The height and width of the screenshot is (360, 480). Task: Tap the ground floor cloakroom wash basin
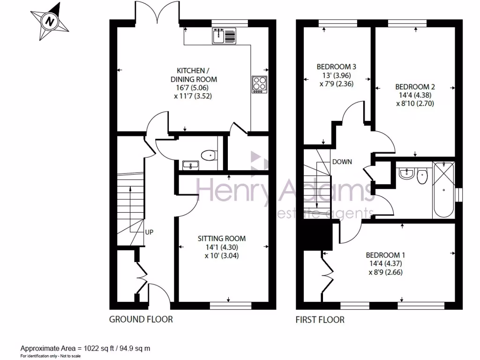(190, 165)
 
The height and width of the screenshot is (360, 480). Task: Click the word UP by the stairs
(149, 232)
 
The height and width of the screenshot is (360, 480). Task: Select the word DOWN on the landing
(342, 162)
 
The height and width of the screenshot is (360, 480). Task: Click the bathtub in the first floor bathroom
(443, 190)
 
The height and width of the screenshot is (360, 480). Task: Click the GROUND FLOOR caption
(141, 320)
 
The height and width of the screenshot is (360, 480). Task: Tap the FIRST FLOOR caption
(320, 320)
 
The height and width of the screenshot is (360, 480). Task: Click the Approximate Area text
(85, 349)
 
